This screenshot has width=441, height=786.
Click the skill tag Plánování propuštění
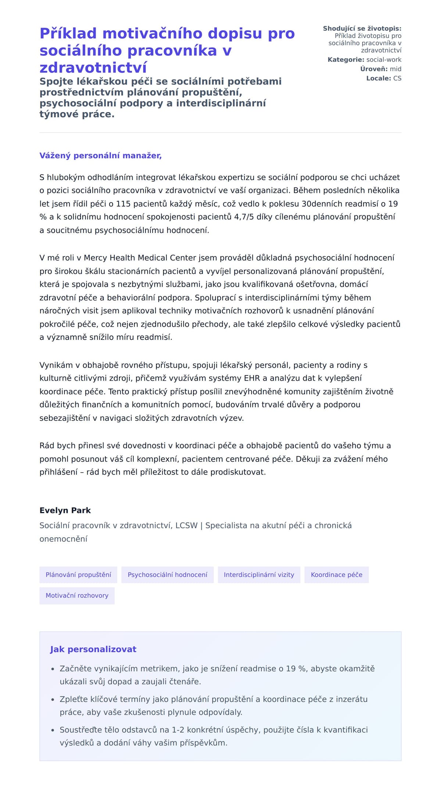click(78, 575)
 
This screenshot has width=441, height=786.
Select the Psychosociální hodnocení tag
click(167, 575)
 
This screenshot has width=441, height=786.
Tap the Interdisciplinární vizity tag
click(259, 575)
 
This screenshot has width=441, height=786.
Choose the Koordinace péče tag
click(336, 575)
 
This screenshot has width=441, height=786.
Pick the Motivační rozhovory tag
click(77, 595)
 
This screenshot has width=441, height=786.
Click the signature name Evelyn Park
click(65, 510)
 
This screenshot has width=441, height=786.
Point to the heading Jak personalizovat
click(93, 649)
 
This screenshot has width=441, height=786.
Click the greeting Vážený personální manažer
click(100, 156)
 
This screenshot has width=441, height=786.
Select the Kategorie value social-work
click(384, 60)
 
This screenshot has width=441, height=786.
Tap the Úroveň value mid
click(395, 69)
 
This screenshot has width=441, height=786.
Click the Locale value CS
click(397, 78)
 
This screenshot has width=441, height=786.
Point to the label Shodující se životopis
click(362, 28)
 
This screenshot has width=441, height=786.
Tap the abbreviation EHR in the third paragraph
click(252, 378)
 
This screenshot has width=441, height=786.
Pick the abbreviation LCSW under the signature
click(186, 525)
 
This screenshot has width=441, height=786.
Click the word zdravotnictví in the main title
click(93, 67)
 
